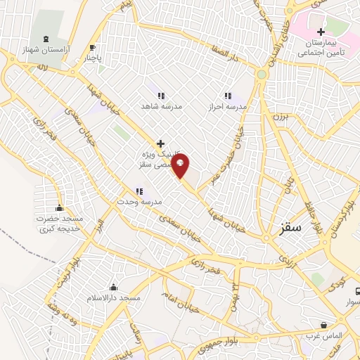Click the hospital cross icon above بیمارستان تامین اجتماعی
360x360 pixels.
321,32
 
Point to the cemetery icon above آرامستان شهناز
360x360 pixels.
46,39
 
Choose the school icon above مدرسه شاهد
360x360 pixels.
161,96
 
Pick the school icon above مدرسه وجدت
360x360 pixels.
139,191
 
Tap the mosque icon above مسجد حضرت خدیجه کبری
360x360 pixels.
59,207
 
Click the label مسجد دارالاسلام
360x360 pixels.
112,298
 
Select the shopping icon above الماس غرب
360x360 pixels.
323,326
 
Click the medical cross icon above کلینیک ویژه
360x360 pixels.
161,143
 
